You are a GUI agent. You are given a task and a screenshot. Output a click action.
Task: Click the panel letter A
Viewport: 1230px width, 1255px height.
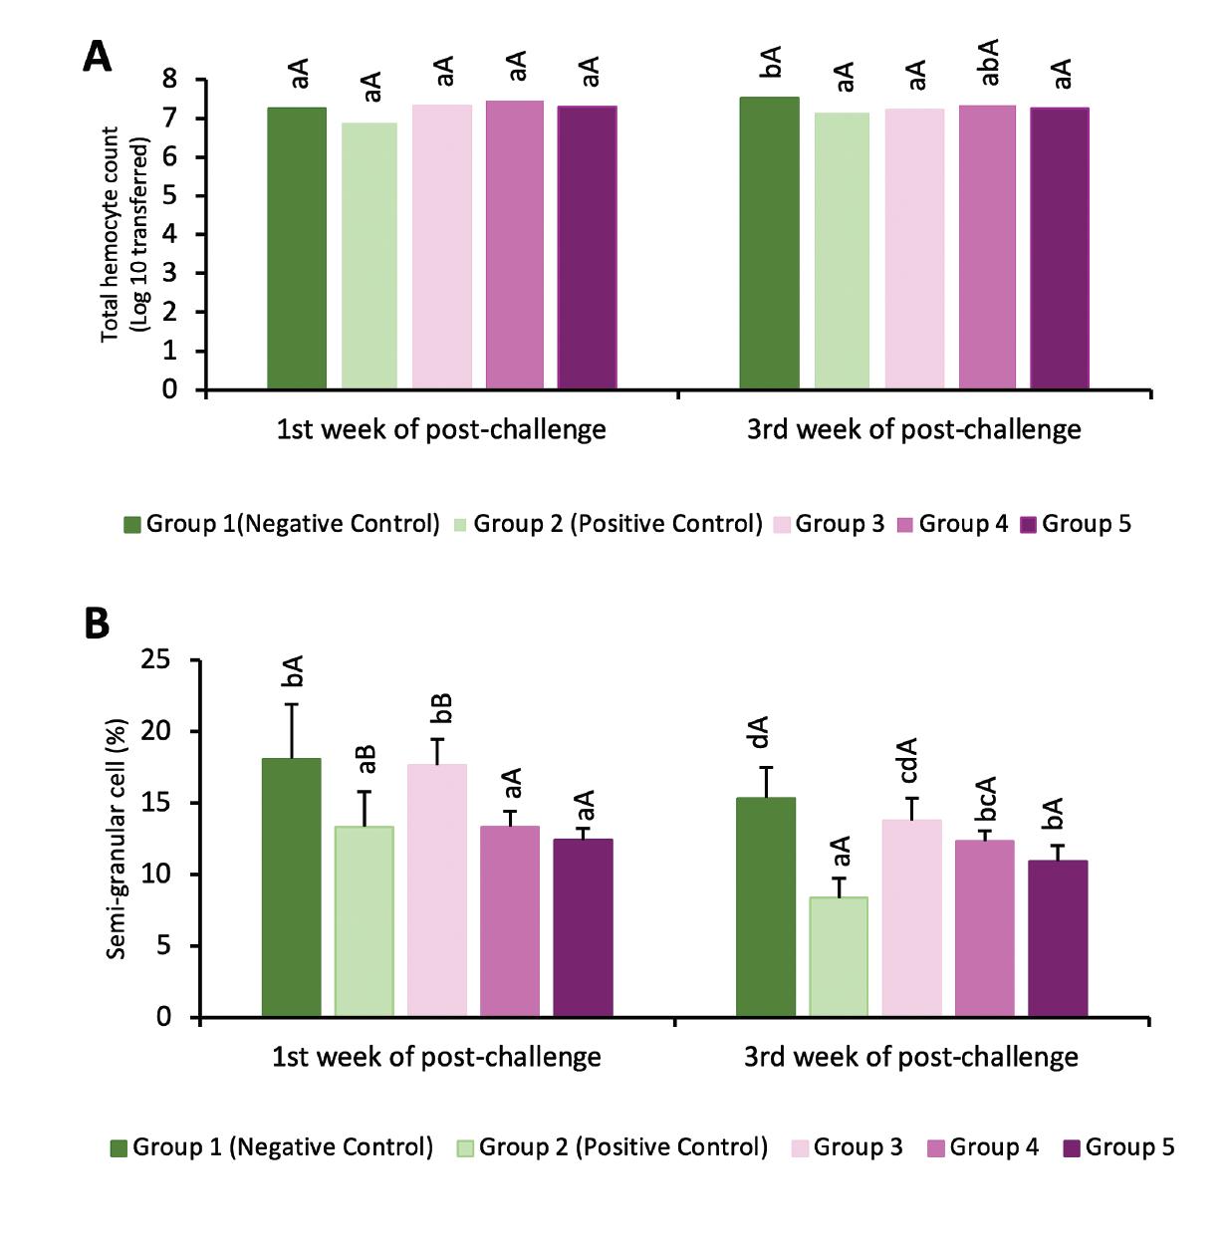pyautogui.click(x=97, y=57)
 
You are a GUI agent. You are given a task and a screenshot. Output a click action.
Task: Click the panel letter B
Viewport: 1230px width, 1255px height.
pyautogui.click(x=96, y=625)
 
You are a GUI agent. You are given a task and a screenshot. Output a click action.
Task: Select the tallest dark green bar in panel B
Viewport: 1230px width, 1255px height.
pyautogui.click(x=292, y=886)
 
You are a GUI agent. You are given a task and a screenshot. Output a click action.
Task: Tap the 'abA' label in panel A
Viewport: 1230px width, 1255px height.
pyautogui.click(x=989, y=64)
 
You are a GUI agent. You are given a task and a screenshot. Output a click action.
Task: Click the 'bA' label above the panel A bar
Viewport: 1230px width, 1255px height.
pyautogui.click(x=771, y=62)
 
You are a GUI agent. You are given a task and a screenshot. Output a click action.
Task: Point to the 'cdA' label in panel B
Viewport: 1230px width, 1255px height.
pyautogui.click(x=908, y=761)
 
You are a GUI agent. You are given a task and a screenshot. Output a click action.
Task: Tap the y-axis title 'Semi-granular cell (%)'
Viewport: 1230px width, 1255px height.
pyautogui.click(x=117, y=839)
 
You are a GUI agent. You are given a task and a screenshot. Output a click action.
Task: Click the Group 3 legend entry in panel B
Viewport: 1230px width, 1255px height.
pyautogui.click(x=848, y=1147)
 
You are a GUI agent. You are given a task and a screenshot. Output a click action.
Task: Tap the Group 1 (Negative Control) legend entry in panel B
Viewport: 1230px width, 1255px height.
pyautogui.click(x=272, y=1147)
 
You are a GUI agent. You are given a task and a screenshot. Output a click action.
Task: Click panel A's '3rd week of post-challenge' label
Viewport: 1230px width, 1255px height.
pyautogui.click(x=913, y=429)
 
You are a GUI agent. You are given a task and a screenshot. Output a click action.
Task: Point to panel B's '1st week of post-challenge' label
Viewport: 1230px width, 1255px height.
pyautogui.click(x=436, y=1057)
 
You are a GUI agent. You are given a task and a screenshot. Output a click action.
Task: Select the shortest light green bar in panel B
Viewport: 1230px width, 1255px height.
pyautogui.click(x=839, y=956)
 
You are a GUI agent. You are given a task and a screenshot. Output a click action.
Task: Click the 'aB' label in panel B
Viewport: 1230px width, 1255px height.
pyautogui.click(x=367, y=759)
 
